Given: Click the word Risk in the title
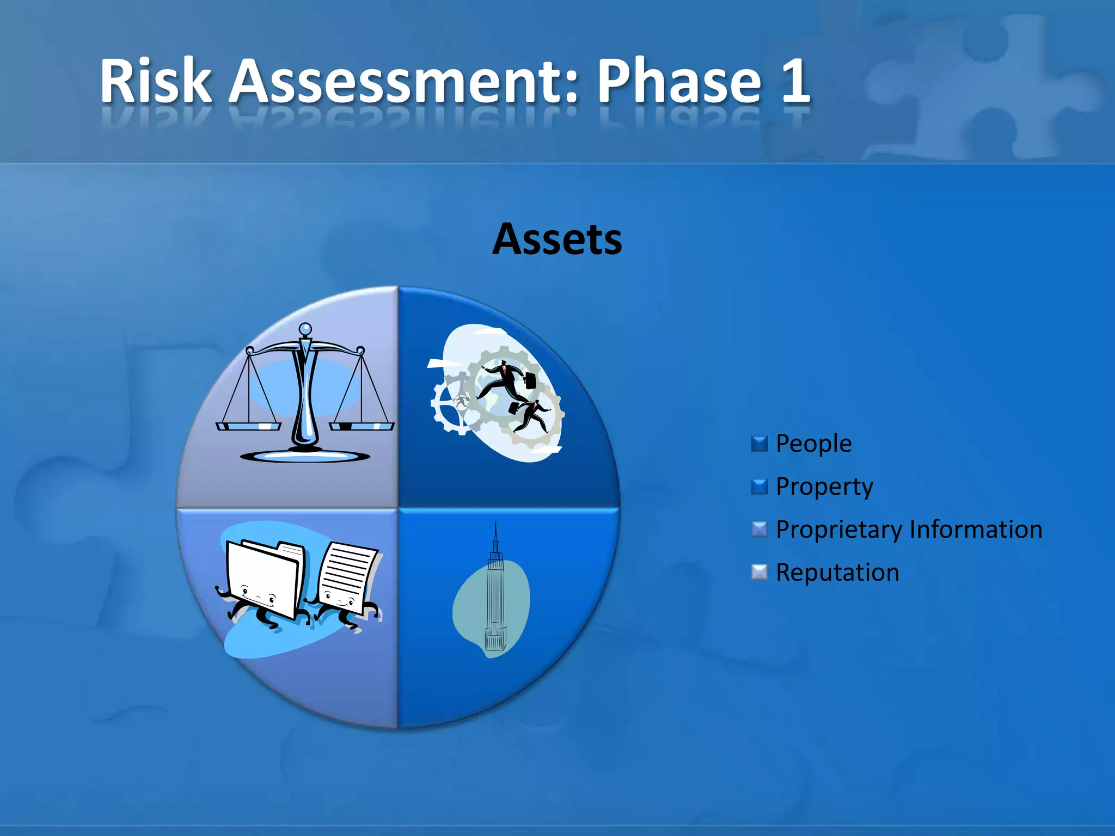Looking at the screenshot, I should click(x=156, y=82).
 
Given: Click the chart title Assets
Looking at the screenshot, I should click(x=557, y=239).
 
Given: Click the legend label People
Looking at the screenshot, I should click(x=813, y=443).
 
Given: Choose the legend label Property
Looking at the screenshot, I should click(x=824, y=486).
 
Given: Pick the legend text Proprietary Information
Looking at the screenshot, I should click(x=909, y=529).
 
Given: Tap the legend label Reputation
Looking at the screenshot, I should click(x=837, y=572).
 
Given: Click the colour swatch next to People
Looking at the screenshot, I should click(x=759, y=444).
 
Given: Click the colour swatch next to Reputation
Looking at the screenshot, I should click(x=759, y=573).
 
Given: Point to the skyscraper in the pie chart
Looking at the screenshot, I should click(x=494, y=593).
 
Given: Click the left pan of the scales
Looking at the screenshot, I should click(x=248, y=426).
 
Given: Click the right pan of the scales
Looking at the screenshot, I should click(x=362, y=426).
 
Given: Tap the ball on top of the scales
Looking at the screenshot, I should click(x=305, y=329).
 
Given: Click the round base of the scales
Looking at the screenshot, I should click(x=305, y=456).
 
